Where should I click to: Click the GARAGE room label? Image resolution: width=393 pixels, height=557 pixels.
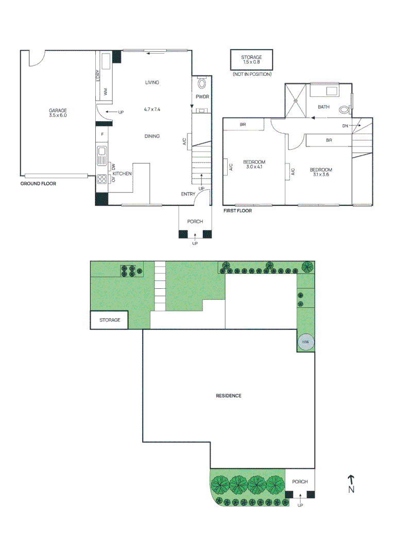tap(58, 110)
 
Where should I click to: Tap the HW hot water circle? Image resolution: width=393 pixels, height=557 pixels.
tap(305, 342)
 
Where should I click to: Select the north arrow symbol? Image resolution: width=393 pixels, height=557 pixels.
tap(351, 481)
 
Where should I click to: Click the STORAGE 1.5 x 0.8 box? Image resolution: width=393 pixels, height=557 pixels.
tap(251, 60)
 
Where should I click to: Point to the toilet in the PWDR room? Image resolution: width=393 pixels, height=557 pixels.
tap(201, 83)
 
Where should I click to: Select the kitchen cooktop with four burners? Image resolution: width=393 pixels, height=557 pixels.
tap(101, 179)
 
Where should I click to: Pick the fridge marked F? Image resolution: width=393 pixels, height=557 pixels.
tap(102, 135)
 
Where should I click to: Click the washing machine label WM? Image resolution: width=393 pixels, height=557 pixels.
tap(105, 92)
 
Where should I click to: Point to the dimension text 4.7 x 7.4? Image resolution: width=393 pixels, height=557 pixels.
tap(152, 109)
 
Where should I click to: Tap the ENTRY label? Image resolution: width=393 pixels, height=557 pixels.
tap(188, 194)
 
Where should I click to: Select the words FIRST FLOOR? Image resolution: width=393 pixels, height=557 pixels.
tap(237, 211)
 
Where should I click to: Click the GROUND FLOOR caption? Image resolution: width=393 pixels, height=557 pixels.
tap(38, 184)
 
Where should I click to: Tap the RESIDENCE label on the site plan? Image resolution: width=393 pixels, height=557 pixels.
tap(228, 396)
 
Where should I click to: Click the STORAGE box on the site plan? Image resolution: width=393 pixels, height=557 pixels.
tap(109, 320)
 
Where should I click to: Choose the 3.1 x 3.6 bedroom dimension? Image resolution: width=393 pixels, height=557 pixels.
tap(320, 175)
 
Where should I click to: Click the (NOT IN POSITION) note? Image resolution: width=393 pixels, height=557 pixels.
tap(251, 75)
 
